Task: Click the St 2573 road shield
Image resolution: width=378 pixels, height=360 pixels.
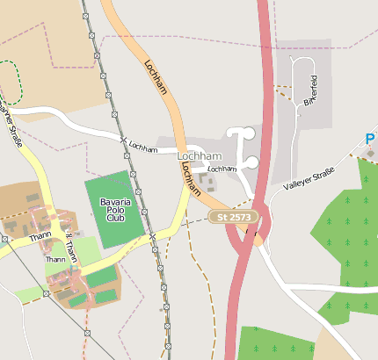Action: tap(235, 216)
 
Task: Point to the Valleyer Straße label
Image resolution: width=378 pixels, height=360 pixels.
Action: tap(309, 178)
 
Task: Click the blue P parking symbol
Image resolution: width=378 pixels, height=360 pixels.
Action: tap(371, 139)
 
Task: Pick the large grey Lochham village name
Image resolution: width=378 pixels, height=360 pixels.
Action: tap(199, 155)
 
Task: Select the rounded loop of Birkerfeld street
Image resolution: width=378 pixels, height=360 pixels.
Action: tap(302, 63)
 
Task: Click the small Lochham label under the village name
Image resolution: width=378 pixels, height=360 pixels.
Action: tap(222, 168)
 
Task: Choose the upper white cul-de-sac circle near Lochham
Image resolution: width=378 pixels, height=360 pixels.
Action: tap(247, 133)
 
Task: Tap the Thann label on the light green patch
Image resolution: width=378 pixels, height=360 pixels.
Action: tap(55, 259)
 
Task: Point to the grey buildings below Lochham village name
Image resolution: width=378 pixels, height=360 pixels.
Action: tap(208, 183)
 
